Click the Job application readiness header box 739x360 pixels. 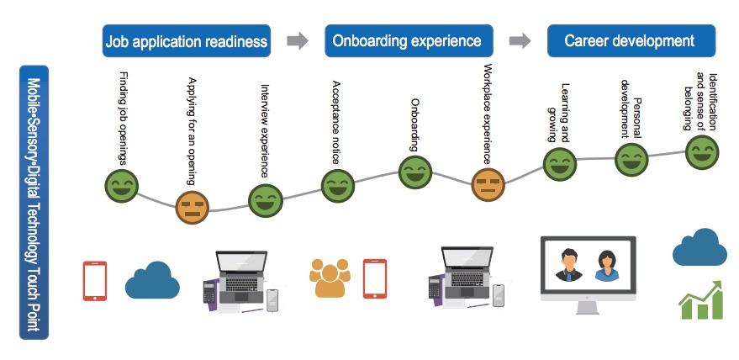tap(187, 41)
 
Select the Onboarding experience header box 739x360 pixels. tap(409, 41)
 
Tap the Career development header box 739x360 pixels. tap(631, 41)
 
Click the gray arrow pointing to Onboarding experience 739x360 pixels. tap(298, 40)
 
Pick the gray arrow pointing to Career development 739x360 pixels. tap(520, 40)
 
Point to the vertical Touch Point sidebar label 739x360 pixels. tap(34, 203)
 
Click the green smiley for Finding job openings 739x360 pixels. tap(121, 186)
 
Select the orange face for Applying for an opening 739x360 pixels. tap(193, 208)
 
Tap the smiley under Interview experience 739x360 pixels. tap(266, 200)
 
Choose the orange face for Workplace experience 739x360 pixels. tap(488, 184)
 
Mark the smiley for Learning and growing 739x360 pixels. tap(560, 164)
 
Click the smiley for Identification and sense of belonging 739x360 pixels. tap(702, 152)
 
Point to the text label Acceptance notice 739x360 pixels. tap(336, 122)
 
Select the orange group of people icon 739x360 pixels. tap(330, 278)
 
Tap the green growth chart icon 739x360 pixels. tap(701, 300)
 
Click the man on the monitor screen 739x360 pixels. tap(569, 265)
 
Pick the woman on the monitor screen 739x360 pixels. tap(606, 266)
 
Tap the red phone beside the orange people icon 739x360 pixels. tap(375, 278)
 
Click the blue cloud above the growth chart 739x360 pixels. tap(699, 247)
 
